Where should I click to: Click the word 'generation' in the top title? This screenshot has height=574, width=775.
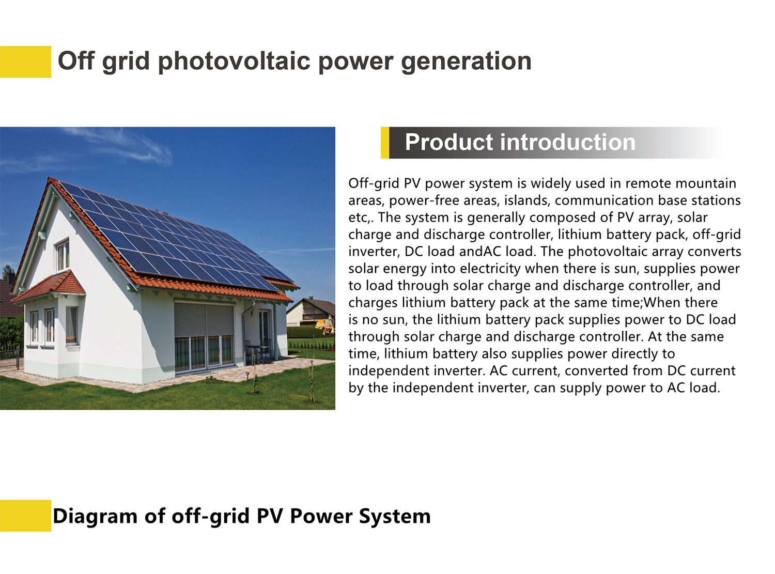[x=466, y=61]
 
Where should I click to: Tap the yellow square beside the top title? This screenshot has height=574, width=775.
[x=25, y=61]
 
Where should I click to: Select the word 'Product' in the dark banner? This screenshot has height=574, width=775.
[x=449, y=142]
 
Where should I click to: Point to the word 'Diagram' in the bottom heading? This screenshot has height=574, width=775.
[x=95, y=516]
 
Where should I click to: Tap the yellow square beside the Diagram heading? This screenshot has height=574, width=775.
[x=25, y=516]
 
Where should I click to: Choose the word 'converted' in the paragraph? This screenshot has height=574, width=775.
[x=595, y=370]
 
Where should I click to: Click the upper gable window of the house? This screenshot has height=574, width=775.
[x=63, y=255]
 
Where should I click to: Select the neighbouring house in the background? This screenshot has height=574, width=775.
[x=311, y=312]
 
